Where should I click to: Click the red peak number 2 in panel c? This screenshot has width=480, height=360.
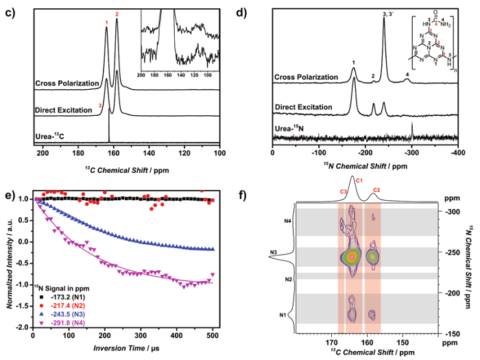[x=117, y=14]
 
